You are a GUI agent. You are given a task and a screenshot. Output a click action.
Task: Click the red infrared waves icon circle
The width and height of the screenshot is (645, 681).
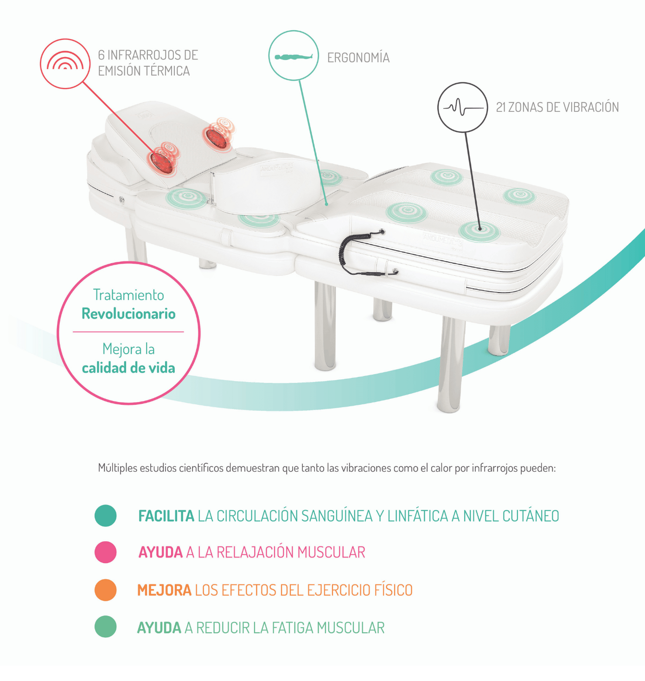(65, 64)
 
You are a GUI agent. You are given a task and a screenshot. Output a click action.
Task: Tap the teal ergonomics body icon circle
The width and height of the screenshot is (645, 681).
(294, 56)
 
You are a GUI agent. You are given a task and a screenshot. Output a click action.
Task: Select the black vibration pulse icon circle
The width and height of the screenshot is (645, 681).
(462, 107)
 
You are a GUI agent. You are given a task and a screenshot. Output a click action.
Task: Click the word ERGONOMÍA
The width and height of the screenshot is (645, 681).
(358, 58)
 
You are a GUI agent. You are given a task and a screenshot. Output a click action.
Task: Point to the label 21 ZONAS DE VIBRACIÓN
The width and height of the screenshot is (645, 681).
(557, 107)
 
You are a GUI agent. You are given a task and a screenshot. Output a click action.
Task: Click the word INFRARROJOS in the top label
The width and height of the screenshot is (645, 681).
(145, 55)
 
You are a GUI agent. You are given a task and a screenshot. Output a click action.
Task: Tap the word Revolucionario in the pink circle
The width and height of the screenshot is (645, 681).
(128, 314)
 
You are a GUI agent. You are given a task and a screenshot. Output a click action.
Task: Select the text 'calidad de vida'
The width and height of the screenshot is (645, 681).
(128, 368)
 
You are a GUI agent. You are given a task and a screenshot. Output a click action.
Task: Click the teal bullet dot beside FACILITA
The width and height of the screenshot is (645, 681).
(105, 516)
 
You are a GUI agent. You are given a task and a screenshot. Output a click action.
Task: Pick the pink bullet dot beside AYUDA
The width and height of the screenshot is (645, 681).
(105, 552)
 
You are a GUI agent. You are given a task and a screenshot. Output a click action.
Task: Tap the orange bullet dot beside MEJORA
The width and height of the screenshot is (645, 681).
(105, 590)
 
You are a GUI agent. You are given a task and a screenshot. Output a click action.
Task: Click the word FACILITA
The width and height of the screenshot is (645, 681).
(166, 516)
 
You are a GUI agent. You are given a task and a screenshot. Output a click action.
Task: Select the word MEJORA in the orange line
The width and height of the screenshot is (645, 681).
(164, 590)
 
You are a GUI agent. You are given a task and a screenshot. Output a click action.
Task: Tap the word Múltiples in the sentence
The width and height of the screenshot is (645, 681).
(118, 468)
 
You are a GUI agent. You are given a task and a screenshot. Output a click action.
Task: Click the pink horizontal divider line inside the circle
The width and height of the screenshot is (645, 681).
(128, 332)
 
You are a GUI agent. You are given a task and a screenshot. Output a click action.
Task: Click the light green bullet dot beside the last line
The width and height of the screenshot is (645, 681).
(105, 627)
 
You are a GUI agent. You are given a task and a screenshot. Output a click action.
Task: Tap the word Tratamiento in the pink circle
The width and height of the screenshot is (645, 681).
(128, 295)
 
